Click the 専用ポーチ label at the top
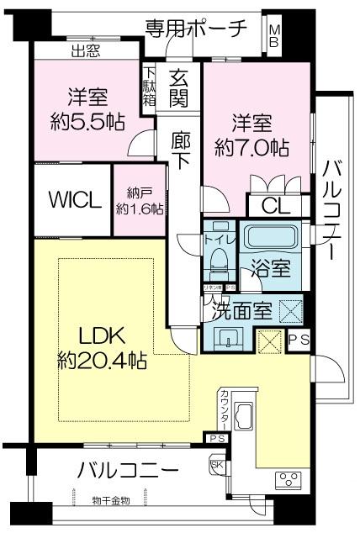pos(197,27)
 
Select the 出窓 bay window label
pos(85,51)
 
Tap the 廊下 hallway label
pos(181,150)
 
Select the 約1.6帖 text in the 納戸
pos(139,208)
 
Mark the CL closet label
pos(271,205)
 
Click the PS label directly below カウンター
pos(217,439)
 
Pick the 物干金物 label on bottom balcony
pos(111,501)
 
